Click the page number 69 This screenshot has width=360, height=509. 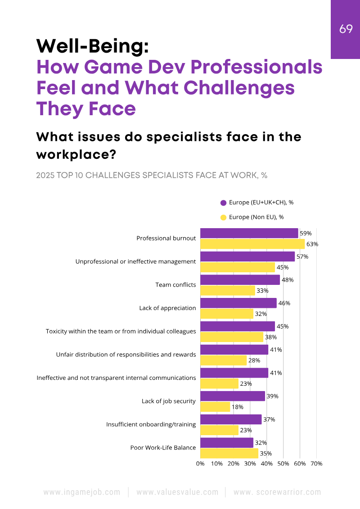click(x=346, y=29)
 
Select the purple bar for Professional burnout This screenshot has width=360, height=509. click(x=249, y=233)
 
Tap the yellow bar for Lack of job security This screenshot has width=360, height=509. click(x=215, y=407)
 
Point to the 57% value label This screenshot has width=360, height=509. click(x=302, y=257)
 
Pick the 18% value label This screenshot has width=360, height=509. click(x=238, y=407)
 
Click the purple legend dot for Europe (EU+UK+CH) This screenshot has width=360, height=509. click(x=223, y=203)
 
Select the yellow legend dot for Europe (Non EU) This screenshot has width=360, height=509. click(x=223, y=217)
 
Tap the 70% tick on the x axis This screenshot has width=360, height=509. click(x=316, y=464)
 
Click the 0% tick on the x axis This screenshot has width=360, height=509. click(x=201, y=464)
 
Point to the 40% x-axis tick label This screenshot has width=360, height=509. click(x=267, y=464)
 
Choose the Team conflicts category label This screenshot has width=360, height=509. click(x=175, y=285)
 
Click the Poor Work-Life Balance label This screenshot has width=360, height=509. click(x=163, y=448)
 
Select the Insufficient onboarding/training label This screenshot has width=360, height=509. click(x=151, y=424)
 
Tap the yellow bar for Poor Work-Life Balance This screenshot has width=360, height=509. click(x=229, y=454)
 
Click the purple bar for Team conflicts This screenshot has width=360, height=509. click(x=240, y=280)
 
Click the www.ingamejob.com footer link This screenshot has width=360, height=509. click(x=82, y=492)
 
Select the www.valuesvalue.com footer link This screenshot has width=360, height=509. click(x=177, y=492)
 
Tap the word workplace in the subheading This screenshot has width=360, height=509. click(x=76, y=154)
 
